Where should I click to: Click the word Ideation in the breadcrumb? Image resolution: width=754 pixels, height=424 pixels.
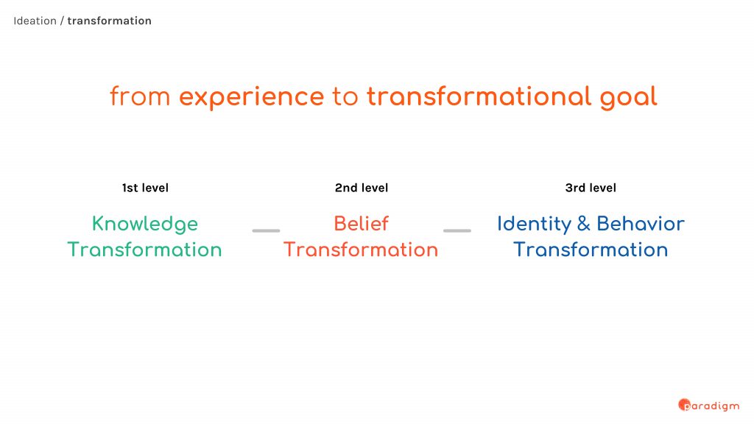pos(35,21)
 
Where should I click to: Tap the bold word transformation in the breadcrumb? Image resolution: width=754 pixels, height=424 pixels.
pos(109,21)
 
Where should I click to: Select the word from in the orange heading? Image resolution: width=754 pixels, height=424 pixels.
pos(140,96)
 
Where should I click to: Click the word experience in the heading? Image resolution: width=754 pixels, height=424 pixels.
pos(252,98)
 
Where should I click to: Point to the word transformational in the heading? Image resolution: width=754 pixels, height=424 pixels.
pos(479,96)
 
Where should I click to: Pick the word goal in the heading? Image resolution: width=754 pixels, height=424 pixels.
pos(628,98)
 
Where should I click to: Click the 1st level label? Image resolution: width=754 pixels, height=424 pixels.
pos(145,188)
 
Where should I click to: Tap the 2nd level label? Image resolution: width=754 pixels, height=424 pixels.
pos(362,188)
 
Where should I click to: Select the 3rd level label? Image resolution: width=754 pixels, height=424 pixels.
pos(591,188)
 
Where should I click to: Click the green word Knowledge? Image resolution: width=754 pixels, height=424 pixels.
pos(145,225)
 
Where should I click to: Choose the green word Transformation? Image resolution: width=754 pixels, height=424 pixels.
pos(144,250)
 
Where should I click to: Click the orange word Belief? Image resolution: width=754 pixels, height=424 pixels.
pos(361,224)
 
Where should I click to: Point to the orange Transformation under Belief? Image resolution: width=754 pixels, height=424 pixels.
pos(361,250)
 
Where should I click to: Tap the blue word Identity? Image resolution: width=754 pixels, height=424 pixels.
pos(534,225)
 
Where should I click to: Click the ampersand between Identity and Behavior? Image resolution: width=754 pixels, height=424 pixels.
pos(584,224)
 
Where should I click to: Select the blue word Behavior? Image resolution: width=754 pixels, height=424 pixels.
pos(641,224)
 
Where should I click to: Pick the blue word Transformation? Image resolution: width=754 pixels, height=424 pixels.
pos(591,250)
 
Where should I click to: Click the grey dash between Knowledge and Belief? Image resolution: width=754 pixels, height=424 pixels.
pos(266,230)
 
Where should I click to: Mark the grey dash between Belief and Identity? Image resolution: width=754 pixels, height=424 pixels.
pos(457,230)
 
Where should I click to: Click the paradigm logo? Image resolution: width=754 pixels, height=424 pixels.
pos(709,406)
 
